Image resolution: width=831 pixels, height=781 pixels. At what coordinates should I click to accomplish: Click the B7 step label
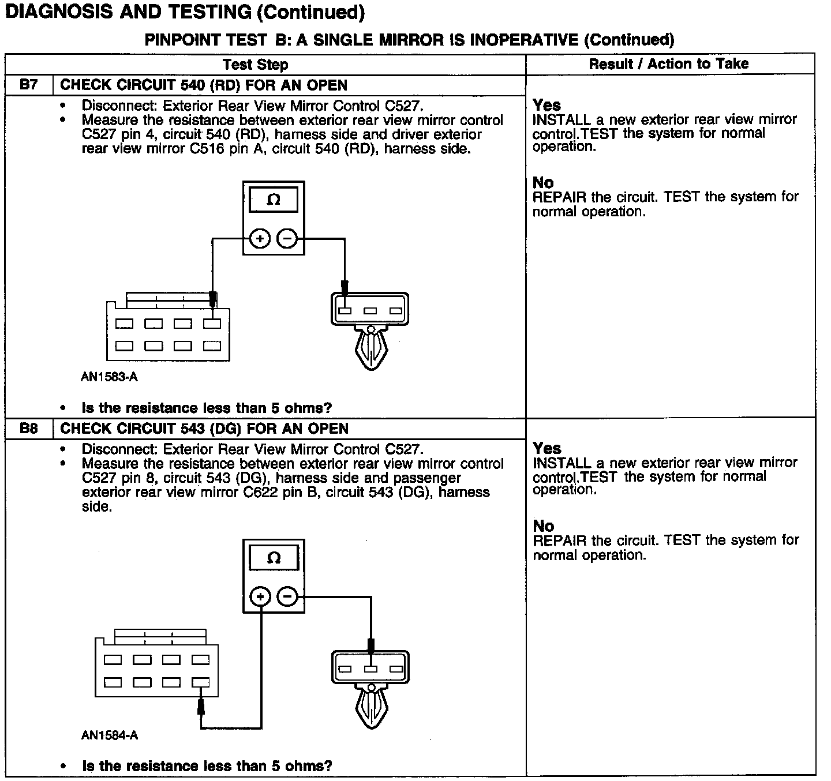[x=28, y=85]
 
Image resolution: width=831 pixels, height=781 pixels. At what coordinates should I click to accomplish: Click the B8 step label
[x=28, y=429]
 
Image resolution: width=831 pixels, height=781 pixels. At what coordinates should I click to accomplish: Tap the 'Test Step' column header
[x=255, y=64]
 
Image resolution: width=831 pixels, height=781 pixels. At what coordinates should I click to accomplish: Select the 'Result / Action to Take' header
[x=669, y=63]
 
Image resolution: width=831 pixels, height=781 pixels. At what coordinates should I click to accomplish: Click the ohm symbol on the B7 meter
[x=274, y=200]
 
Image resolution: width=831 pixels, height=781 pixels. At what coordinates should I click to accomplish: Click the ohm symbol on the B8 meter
[x=274, y=558]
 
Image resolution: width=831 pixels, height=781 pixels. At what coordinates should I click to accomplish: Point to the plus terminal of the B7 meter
[x=260, y=238]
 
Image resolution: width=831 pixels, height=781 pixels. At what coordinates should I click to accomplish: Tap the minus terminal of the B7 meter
[x=287, y=238]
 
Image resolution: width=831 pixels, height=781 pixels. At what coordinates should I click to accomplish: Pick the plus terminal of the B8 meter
[x=260, y=596]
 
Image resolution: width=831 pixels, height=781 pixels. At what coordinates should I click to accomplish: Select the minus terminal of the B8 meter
[x=288, y=596]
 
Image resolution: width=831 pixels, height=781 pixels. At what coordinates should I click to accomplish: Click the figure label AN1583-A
[x=110, y=377]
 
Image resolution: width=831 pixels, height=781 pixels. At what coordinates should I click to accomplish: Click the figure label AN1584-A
[x=110, y=735]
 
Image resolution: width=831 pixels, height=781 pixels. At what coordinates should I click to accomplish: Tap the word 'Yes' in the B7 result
[x=546, y=105]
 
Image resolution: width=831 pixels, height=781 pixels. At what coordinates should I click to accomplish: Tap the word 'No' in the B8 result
[x=543, y=526]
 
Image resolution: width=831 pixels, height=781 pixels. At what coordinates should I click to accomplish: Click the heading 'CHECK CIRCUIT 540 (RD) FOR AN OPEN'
[x=204, y=85]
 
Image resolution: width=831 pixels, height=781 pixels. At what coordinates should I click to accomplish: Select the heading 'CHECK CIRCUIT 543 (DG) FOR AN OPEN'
[x=204, y=429]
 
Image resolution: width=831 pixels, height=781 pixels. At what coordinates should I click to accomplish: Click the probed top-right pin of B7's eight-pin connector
[x=212, y=324]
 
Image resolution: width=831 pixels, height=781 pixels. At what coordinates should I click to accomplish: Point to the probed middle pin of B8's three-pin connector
[x=370, y=669]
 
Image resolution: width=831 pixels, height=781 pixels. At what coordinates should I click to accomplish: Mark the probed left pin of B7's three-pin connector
[x=345, y=311]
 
